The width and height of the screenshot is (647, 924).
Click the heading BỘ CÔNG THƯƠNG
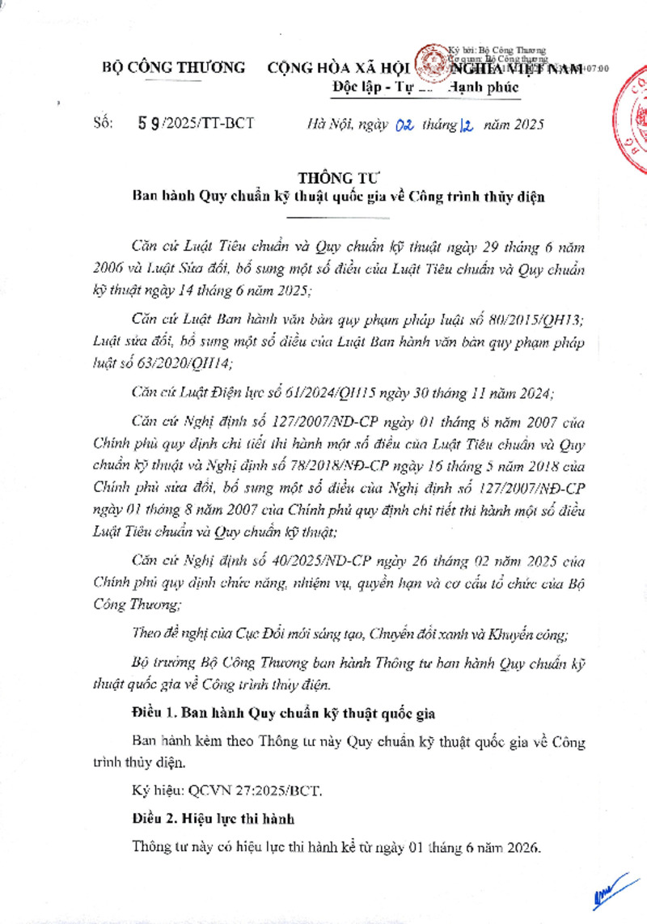(174, 68)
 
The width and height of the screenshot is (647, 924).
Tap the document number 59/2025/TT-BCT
(197, 123)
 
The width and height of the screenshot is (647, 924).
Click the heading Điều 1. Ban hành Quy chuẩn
(284, 714)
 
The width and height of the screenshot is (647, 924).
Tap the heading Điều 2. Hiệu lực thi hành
(214, 818)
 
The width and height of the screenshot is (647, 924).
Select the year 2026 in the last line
(520, 847)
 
